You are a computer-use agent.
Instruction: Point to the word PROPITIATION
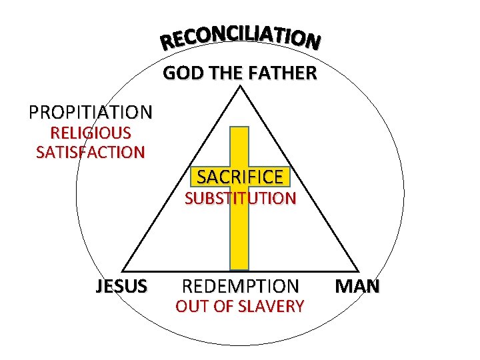coord(90,111)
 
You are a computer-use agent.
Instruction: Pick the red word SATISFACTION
coord(90,153)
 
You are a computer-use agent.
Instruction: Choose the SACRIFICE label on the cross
coord(239,177)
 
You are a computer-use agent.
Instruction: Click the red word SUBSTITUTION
coord(240,198)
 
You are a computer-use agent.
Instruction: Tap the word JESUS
coord(121,287)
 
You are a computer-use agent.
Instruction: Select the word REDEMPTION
coord(240,287)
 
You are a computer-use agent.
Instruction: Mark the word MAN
coord(357,287)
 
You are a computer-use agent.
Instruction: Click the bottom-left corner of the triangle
coord(122,270)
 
